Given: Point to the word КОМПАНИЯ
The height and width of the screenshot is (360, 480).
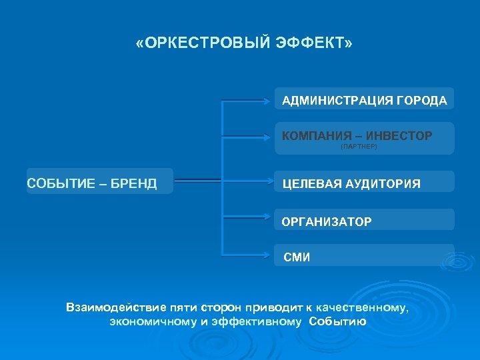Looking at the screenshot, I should coord(313,136).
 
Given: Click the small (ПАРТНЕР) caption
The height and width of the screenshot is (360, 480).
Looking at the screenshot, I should coord(359,147).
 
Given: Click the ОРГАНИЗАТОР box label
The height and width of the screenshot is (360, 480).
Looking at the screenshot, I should coord(327,221).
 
